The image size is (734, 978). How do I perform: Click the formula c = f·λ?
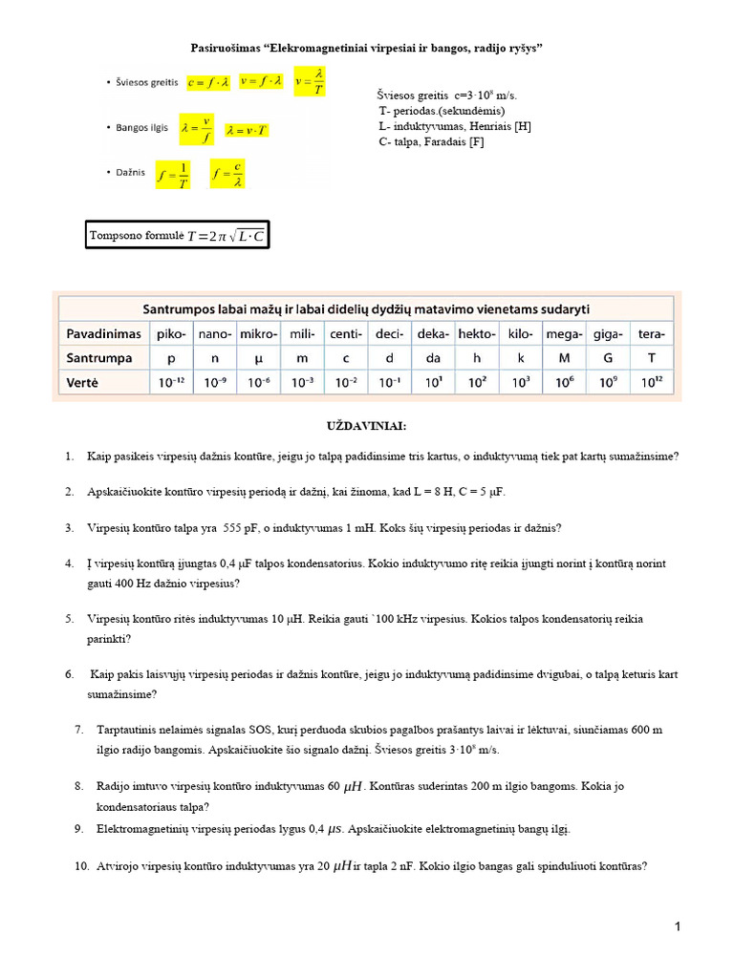click(209, 82)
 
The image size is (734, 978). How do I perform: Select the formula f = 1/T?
click(172, 175)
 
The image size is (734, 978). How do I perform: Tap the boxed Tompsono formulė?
click(178, 235)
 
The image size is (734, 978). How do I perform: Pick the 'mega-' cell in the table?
click(564, 333)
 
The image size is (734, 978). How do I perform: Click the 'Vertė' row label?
click(85, 383)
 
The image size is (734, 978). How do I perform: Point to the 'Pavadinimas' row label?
click(104, 333)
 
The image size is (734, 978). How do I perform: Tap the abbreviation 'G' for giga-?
click(608, 358)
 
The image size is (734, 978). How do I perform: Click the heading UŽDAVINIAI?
click(366, 426)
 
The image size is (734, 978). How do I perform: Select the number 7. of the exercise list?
click(79, 730)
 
